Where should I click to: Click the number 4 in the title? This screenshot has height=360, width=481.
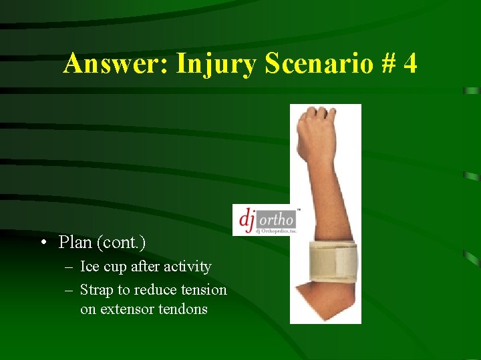point(410,64)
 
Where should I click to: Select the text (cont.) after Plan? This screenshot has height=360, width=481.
point(122,242)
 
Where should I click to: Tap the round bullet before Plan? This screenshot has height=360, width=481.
point(43,243)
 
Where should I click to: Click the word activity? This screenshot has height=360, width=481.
point(187,267)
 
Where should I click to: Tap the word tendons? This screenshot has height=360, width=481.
point(184,309)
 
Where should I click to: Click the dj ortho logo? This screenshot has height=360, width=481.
point(266,220)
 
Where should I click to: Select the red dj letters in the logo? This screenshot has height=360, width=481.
point(247,218)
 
